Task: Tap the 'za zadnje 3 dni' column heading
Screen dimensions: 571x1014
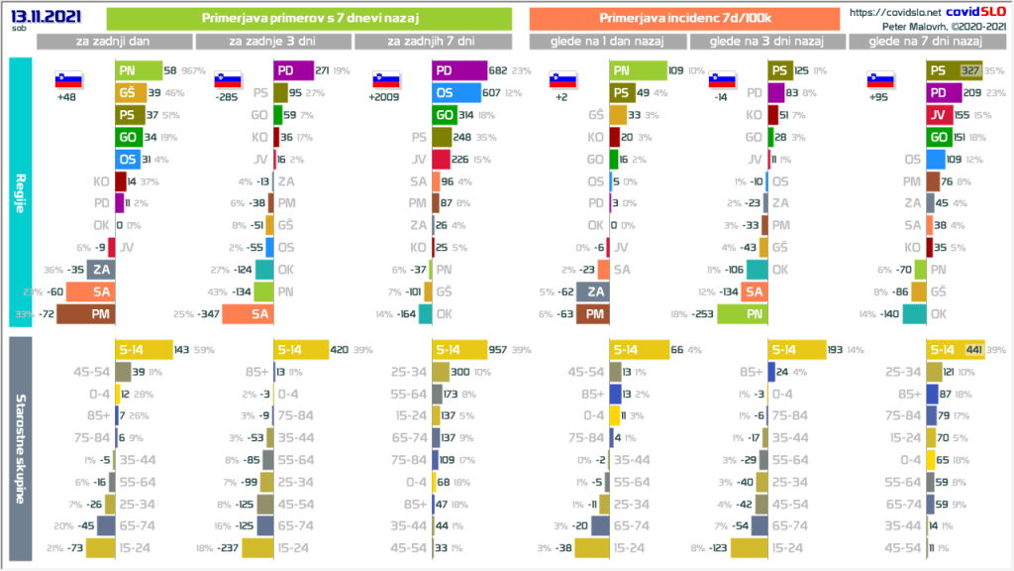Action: tap(273, 41)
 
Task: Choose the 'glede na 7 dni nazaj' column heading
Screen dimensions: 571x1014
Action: tap(925, 41)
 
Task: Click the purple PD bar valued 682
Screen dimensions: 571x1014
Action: tap(459, 71)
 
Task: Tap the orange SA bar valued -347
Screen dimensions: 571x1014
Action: tap(247, 313)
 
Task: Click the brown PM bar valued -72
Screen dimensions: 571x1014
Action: tap(85, 313)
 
